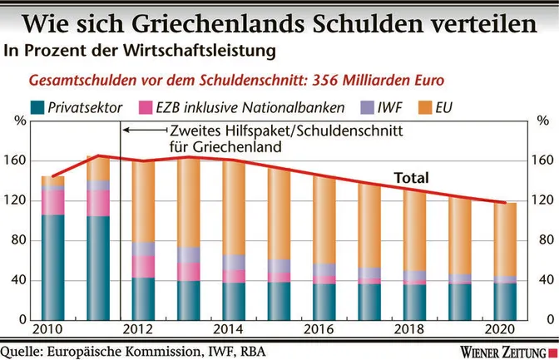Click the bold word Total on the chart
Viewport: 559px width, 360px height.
click(x=411, y=177)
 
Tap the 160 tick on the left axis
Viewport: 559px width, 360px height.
click(x=18, y=160)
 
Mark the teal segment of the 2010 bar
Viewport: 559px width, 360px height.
click(x=53, y=266)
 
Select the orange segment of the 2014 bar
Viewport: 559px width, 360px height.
click(x=235, y=208)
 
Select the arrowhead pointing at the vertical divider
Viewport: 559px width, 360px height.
click(x=126, y=130)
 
